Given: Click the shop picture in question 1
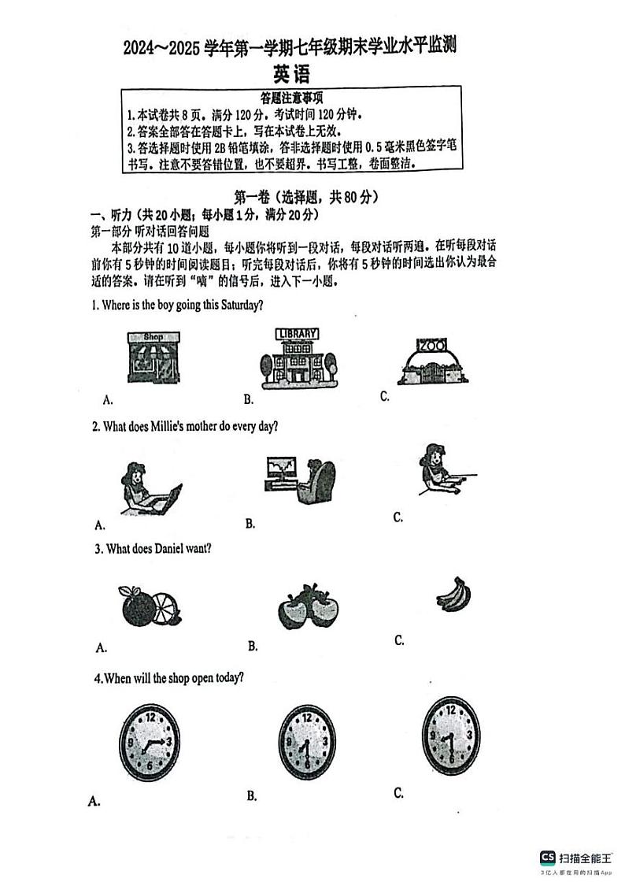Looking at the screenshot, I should pos(153,357).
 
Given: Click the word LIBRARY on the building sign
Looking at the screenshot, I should pos(298,333).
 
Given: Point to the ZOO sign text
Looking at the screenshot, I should pos(431,346).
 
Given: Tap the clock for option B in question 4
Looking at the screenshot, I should pos(307,743).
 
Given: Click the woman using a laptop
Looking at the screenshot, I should pos(149,489).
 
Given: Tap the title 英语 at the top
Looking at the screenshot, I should pos(291,74).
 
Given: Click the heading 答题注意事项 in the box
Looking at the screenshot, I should pos(291,98).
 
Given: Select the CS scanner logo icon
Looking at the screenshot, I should pos(547,858).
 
